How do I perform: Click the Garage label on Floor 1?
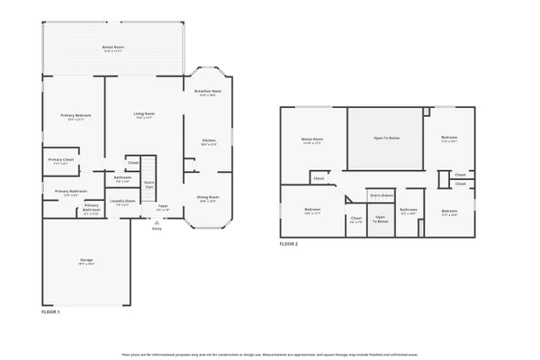(x=87, y=263)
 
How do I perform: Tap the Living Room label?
(x=145, y=115)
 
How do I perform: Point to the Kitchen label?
(x=208, y=141)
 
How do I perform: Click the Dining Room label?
(x=208, y=199)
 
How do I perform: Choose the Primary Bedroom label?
(x=75, y=116)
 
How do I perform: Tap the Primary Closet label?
(x=62, y=162)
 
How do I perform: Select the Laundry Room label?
(x=122, y=202)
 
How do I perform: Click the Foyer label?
(x=163, y=208)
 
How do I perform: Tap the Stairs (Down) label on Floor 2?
(x=382, y=194)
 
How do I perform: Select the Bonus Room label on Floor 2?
(x=312, y=140)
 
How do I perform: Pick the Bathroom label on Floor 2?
(x=409, y=211)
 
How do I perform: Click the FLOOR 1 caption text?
(x=51, y=311)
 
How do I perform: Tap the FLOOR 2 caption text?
(x=288, y=245)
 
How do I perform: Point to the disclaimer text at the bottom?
(x=270, y=354)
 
